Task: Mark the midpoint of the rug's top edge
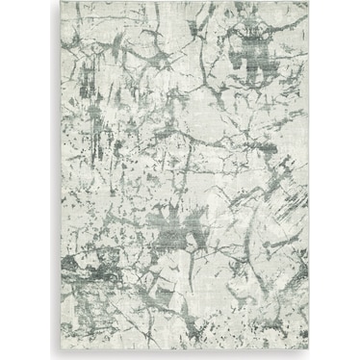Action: (x=180, y=3)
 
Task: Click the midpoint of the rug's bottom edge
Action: (x=180, y=357)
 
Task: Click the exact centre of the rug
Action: (x=180, y=180)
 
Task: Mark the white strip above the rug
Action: (x=180, y=1)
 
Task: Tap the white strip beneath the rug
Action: (x=180, y=359)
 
